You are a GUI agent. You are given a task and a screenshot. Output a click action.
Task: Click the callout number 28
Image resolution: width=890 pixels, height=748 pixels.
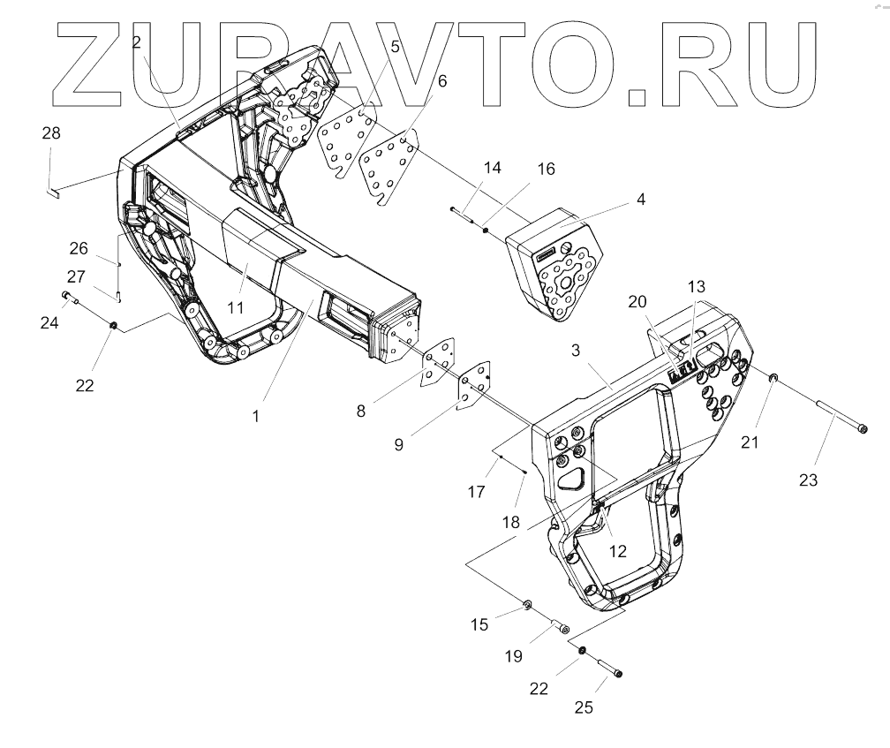click(x=52, y=133)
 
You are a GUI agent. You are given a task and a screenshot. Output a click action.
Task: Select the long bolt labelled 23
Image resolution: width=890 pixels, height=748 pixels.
click(x=838, y=418)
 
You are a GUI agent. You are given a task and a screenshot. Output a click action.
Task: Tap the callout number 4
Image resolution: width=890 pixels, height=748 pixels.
click(x=640, y=200)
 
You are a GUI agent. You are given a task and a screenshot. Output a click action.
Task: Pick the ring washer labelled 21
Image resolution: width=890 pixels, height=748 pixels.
click(x=772, y=379)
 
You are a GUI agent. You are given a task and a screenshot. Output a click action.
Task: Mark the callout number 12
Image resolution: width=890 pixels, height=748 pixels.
click(x=618, y=551)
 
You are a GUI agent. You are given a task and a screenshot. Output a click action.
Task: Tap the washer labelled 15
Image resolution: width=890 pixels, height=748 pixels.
click(x=527, y=605)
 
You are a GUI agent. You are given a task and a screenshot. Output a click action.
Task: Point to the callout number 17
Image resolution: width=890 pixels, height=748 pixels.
click(x=476, y=491)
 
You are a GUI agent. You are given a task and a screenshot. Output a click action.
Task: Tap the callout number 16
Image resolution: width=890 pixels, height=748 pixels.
click(x=547, y=169)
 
